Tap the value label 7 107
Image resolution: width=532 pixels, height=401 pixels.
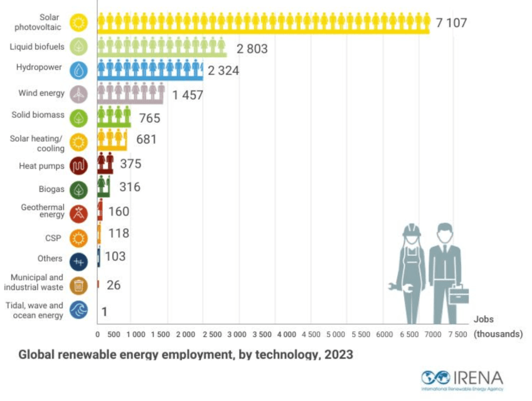(x=452, y=23)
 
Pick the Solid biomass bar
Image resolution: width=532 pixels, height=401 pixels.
(x=114, y=117)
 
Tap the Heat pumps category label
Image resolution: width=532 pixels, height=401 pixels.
(x=40, y=166)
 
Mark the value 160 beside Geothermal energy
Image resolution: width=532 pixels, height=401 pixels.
(x=119, y=211)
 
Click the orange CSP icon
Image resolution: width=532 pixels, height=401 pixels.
(x=78, y=237)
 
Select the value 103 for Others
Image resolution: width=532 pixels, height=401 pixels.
(x=115, y=256)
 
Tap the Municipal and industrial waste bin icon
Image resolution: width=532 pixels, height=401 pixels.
(x=78, y=286)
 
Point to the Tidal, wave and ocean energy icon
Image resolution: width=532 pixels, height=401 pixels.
(x=78, y=310)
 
